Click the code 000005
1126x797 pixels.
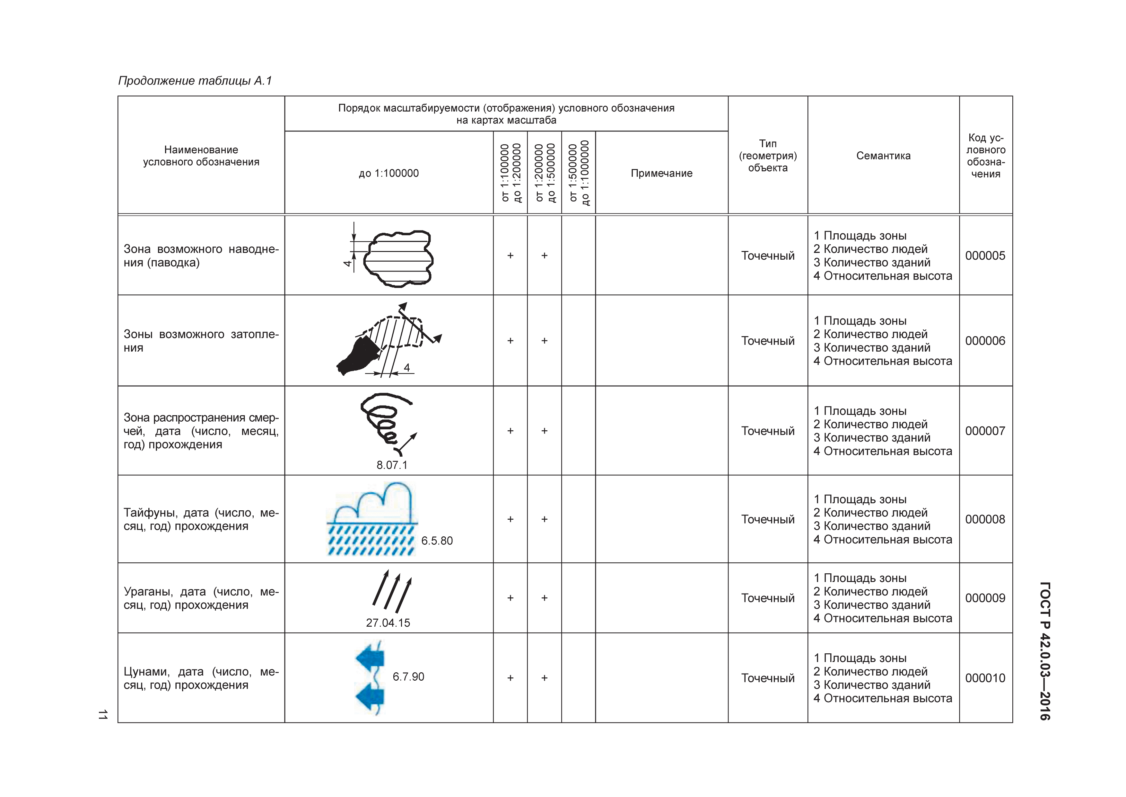pos(985,256)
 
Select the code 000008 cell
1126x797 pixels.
pos(985,519)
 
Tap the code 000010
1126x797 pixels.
pos(985,678)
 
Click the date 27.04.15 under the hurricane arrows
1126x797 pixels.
pos(388,623)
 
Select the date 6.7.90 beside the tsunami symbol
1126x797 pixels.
pos(408,677)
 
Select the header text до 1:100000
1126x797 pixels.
pos(388,173)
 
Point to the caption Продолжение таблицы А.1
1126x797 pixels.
pos(195,80)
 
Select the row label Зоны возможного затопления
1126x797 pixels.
pos(201,341)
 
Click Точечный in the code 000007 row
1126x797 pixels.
pos(767,431)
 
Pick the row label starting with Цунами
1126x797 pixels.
pos(201,678)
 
